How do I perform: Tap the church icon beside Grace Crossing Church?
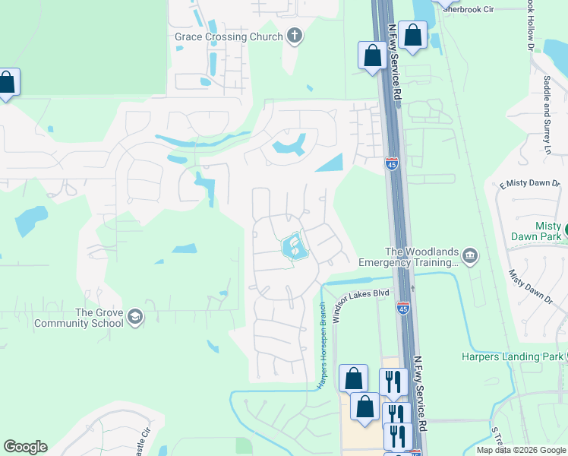pyautogui.click(x=295, y=36)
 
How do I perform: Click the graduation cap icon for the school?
pyautogui.click(x=135, y=317)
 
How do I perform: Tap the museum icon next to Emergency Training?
pyautogui.click(x=470, y=256)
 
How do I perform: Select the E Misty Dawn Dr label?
pyautogui.click(x=529, y=185)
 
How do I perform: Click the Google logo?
pyautogui.click(x=25, y=447)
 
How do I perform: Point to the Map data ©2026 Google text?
pyautogui.click(x=520, y=450)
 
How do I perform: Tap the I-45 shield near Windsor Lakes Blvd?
pyautogui.click(x=403, y=308)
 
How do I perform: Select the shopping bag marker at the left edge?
pyautogui.click(x=6, y=83)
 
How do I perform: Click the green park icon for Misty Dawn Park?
pyautogui.click(x=565, y=226)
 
